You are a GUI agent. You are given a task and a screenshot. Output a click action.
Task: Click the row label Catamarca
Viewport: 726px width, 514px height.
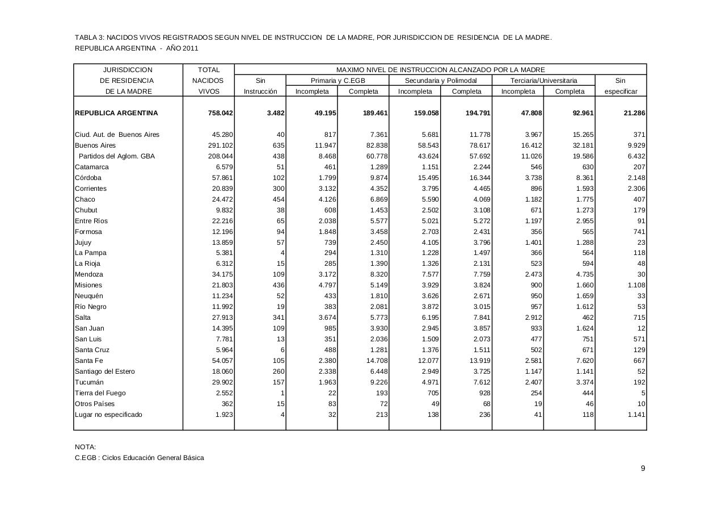pyautogui.click(x=92, y=167)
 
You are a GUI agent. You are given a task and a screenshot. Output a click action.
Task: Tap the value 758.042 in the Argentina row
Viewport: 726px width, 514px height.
pyautogui.click(x=221, y=113)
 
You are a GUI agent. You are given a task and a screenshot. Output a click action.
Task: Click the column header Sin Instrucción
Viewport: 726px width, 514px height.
pyautogui.click(x=260, y=86)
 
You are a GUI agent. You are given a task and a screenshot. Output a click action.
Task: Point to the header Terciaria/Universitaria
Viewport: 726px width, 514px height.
pyautogui.click(x=543, y=81)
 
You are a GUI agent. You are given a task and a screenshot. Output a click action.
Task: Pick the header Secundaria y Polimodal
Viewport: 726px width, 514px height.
pyautogui.click(x=441, y=81)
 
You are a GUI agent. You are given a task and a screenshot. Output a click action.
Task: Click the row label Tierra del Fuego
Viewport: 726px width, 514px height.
pyautogui.click(x=100, y=393)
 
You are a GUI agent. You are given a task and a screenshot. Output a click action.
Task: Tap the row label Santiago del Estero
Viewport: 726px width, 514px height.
pyautogui.click(x=105, y=371)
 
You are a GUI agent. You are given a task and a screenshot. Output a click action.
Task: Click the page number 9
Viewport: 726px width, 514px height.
pyautogui.click(x=643, y=469)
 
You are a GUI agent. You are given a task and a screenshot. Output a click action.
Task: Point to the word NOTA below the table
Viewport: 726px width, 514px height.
pyautogui.click(x=85, y=447)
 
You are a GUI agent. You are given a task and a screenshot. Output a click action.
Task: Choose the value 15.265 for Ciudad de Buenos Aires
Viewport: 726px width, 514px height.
pyautogui.click(x=581, y=135)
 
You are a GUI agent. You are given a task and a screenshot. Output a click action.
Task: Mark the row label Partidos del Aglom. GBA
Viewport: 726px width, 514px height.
pyautogui.click(x=116, y=156)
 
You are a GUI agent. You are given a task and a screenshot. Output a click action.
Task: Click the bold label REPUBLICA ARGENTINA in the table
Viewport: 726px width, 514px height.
pyautogui.click(x=116, y=113)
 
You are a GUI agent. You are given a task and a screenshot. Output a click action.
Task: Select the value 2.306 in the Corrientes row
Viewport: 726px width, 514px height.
pyautogui.click(x=635, y=189)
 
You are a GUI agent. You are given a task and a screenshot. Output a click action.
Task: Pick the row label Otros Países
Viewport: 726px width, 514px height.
pyautogui.click(x=95, y=404)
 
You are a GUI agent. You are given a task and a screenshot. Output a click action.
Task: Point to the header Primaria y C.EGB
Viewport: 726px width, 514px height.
pyautogui.click(x=337, y=81)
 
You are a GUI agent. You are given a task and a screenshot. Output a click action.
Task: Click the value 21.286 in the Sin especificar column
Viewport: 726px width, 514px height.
pyautogui.click(x=633, y=113)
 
